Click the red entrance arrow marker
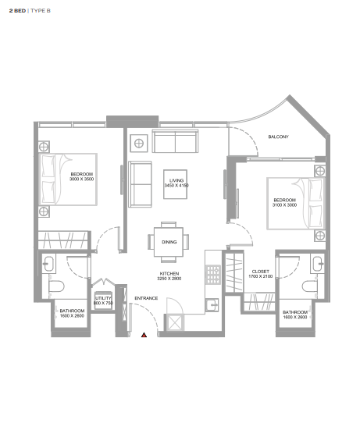[x=144, y=335]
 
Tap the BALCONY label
[x=278, y=137]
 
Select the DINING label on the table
[x=169, y=242]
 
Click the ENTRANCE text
[x=146, y=298]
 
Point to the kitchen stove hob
[x=213, y=275]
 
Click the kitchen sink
[x=212, y=305]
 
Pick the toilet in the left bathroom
[x=56, y=286]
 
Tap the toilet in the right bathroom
[x=309, y=286]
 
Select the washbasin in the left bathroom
[x=49, y=264]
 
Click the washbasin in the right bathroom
[x=317, y=263]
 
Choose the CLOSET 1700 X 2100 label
[x=260, y=274]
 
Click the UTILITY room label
[x=103, y=298]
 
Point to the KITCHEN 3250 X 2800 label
[x=169, y=276]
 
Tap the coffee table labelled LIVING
[x=175, y=184]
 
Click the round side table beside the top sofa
[x=139, y=144]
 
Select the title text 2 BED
[x=17, y=11]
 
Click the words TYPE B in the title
[x=41, y=11]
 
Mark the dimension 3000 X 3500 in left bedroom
[x=81, y=180]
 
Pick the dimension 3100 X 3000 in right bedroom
[x=284, y=205]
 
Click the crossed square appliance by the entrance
[x=175, y=322]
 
